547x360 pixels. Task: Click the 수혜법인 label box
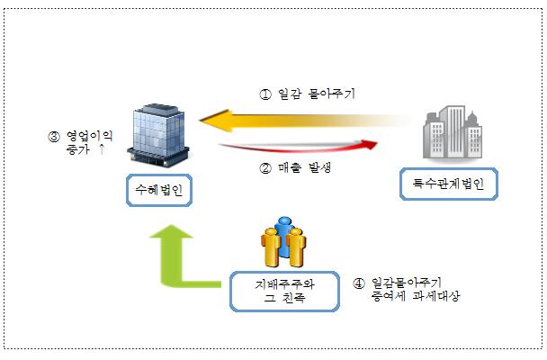159,190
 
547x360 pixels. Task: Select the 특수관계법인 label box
449,184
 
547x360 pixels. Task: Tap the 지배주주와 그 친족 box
284,292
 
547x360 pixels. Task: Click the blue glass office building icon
158,135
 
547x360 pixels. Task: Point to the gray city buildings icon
453,133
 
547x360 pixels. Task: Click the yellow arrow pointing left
303,121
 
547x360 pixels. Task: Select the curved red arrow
299,147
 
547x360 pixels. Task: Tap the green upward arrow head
171,231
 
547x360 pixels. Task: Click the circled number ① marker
265,94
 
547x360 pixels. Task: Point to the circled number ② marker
265,168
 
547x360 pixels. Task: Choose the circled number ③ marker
54,137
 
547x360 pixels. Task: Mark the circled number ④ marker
359,283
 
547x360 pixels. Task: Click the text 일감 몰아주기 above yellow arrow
317,94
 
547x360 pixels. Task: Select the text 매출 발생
305,167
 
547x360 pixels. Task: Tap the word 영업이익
89,136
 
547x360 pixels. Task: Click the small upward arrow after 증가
102,149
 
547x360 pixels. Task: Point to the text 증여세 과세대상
416,296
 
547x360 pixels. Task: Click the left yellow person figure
271,247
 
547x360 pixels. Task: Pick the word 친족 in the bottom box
293,298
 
